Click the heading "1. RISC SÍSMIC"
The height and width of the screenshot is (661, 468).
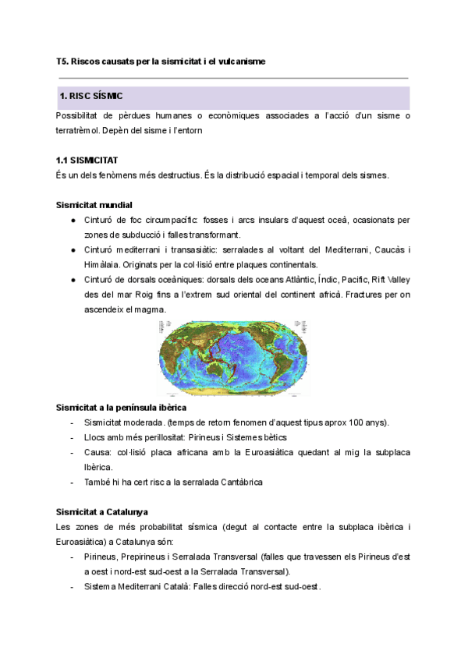click(x=90, y=96)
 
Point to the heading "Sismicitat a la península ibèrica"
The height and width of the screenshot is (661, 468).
click(x=121, y=408)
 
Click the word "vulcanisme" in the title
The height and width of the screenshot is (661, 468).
click(x=239, y=61)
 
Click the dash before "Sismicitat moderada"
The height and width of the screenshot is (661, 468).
click(x=73, y=422)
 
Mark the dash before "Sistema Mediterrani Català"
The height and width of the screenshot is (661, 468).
click(x=73, y=586)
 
